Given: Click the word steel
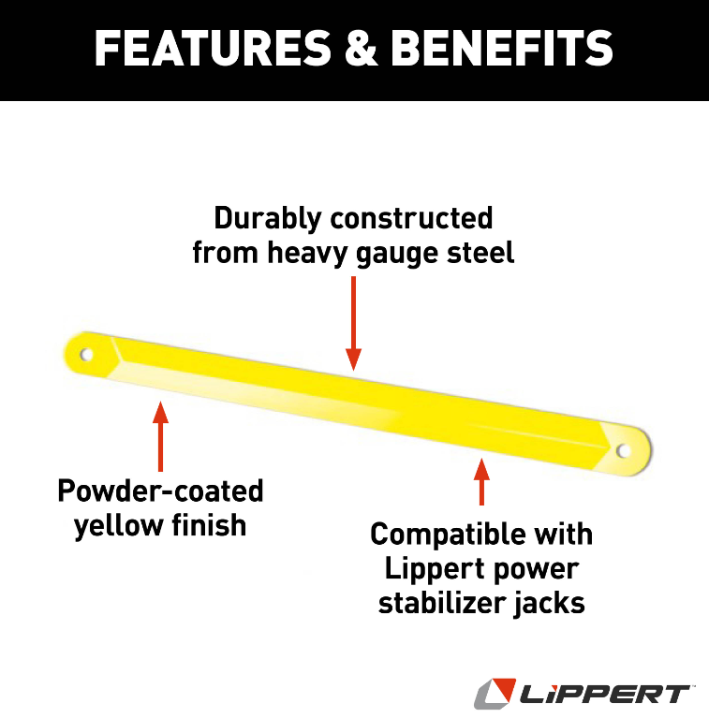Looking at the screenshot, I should click(483, 253).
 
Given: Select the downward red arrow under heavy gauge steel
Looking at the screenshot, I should click(353, 323).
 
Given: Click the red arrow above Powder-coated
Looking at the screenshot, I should click(160, 435).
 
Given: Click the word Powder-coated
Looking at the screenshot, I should click(160, 491).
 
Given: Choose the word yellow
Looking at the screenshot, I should click(115, 525).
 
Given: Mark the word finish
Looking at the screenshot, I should click(206, 525).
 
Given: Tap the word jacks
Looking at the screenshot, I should click(547, 603).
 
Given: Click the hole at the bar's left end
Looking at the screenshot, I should click(86, 356).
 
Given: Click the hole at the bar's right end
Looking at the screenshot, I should click(624, 451).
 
